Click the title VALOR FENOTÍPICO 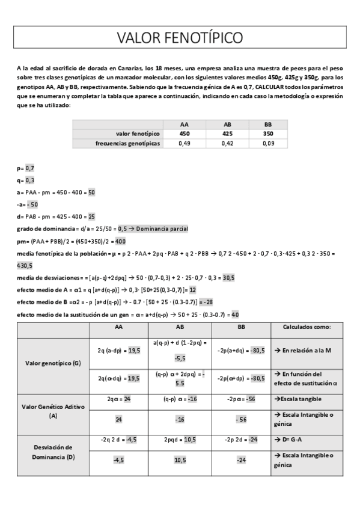coord(180,38)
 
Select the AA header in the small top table coord(185,124)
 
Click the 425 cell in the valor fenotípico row coord(227,134)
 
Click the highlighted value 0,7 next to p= coord(30,168)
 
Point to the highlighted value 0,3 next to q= coord(30,180)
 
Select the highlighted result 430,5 coord(25,265)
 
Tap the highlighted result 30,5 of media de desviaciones coord(228,278)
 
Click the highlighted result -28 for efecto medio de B coord(206,302)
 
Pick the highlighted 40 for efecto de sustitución coord(235,314)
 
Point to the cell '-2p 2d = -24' coord(241,440)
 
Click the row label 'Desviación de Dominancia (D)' coord(53,452)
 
